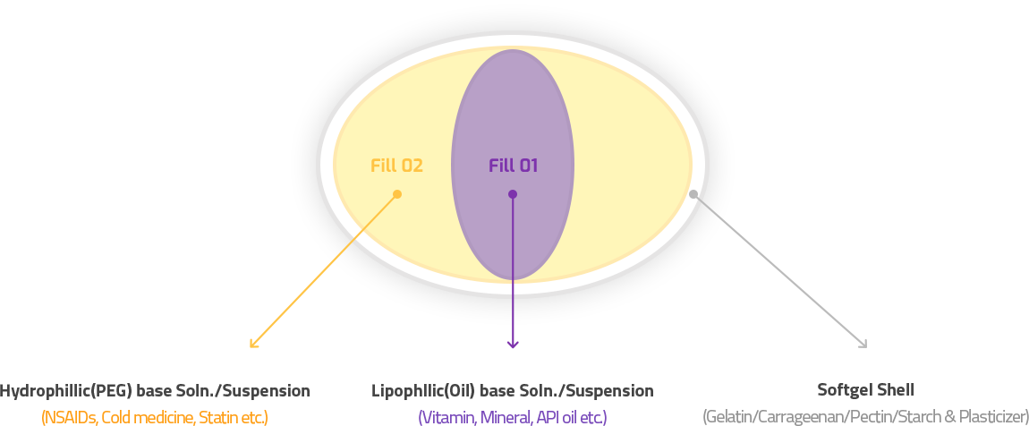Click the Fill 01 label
pyautogui.click(x=513, y=166)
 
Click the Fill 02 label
pyautogui.click(x=396, y=166)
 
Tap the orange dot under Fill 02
pyautogui.click(x=397, y=194)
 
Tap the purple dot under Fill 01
pyautogui.click(x=513, y=194)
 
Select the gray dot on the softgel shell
pyautogui.click(x=693, y=193)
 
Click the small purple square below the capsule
pyautogui.click(x=513, y=337)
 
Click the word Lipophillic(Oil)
pyautogui.click(x=423, y=391)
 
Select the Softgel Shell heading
pyautogui.click(x=865, y=391)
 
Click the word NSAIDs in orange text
pyautogui.click(x=66, y=417)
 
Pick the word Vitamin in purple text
pyautogui.click(x=448, y=417)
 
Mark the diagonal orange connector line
pyautogui.click(x=364, y=228)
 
